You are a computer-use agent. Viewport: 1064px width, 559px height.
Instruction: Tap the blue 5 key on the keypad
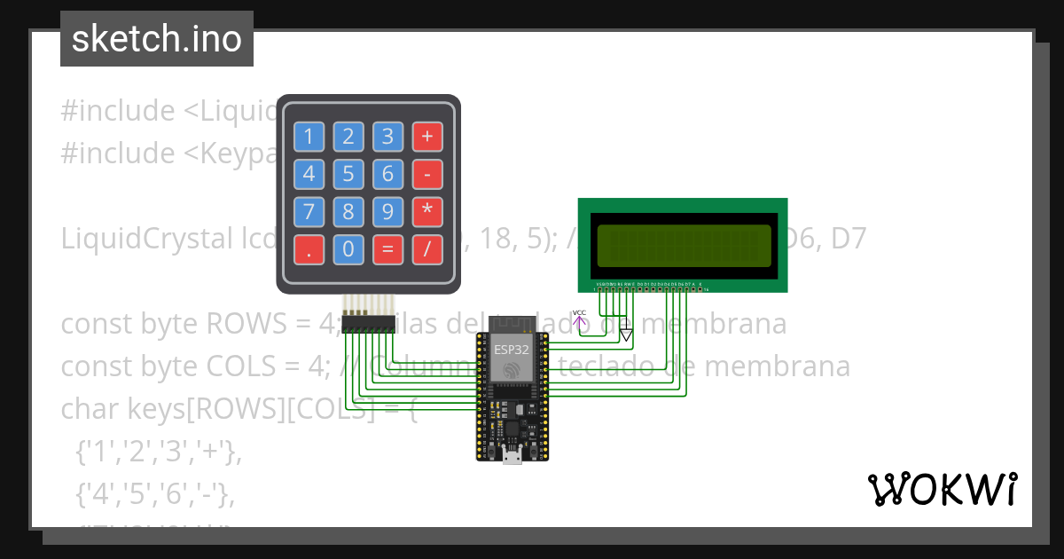348,174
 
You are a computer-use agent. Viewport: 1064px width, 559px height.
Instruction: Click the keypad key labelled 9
387,212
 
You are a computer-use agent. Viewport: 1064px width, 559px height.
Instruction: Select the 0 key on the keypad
348,249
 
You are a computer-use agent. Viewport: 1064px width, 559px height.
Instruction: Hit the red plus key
427,137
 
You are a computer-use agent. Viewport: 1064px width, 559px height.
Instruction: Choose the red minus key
427,174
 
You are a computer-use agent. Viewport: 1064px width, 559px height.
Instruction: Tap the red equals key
387,249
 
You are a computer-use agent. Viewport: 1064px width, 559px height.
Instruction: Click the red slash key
427,249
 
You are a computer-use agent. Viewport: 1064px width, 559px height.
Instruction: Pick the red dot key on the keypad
309,249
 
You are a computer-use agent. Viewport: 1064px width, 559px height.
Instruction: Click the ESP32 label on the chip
512,350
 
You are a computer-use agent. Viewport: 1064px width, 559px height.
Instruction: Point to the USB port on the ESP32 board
512,457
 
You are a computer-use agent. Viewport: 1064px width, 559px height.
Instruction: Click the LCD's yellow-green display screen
684,246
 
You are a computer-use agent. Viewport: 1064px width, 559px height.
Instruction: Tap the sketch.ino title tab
157,39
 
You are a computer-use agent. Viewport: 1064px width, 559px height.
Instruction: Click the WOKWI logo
942,489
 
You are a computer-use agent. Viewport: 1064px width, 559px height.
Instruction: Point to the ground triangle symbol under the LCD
627,335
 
